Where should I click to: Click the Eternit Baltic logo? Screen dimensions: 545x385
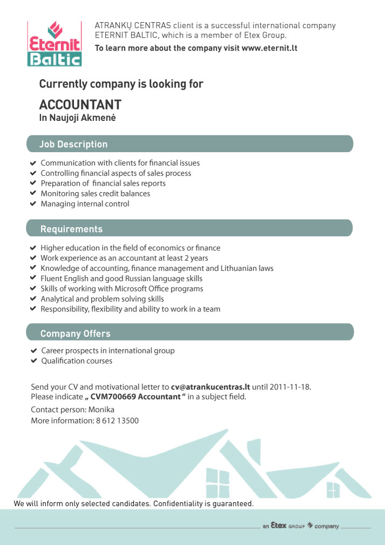pyautogui.click(x=54, y=44)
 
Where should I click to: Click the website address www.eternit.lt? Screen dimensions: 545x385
pyautogui.click(x=269, y=48)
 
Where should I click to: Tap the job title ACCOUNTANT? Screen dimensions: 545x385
pyautogui.click(x=80, y=105)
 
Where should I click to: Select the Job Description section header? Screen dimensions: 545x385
pyautogui.click(x=73, y=144)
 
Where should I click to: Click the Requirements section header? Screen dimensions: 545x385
pyautogui.click(x=71, y=229)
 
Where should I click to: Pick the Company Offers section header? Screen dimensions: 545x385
pyautogui.click(x=75, y=333)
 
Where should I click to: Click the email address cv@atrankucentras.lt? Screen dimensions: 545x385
pyautogui.click(x=210, y=386)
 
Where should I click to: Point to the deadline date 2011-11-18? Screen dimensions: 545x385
pyautogui.click(x=291, y=386)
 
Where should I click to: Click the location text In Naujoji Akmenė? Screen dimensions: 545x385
pyautogui.click(x=77, y=118)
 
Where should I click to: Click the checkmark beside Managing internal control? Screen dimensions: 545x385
pyautogui.click(x=33, y=204)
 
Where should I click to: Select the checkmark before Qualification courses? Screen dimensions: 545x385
pyautogui.click(x=33, y=361)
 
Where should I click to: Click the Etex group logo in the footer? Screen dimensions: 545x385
pyautogui.click(x=300, y=526)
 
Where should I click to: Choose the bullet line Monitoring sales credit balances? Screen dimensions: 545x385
pyautogui.click(x=95, y=194)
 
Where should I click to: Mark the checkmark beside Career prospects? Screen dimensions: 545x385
pyautogui.click(x=33, y=351)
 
